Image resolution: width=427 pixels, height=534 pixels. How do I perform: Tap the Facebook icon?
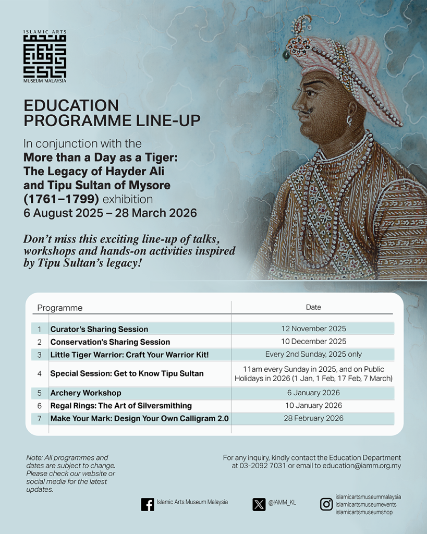tap(148, 504)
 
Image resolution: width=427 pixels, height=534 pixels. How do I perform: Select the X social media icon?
tap(259, 504)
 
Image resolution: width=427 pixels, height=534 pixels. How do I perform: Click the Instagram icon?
tap(326, 504)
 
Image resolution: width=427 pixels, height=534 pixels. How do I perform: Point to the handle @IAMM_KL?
tap(283, 503)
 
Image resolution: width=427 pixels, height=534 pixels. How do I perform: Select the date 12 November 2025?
tap(313, 329)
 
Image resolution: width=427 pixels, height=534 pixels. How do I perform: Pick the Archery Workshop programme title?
tap(86, 393)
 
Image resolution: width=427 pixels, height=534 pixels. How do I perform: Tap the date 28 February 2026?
tap(313, 418)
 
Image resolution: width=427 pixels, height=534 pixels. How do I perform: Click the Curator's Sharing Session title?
tap(99, 329)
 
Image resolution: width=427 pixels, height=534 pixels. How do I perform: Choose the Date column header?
tap(313, 307)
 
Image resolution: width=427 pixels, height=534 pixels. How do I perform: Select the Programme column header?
tap(60, 308)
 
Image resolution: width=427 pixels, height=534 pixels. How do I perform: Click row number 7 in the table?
tap(40, 418)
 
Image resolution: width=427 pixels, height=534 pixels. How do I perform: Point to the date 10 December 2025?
tap(313, 342)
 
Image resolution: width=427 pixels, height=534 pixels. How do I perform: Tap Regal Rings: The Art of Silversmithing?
tap(121, 405)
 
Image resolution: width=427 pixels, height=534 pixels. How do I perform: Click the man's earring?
tap(349, 121)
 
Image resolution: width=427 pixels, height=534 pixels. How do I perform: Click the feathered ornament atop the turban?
tap(302, 27)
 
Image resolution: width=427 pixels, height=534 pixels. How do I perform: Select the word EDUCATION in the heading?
tap(71, 106)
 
